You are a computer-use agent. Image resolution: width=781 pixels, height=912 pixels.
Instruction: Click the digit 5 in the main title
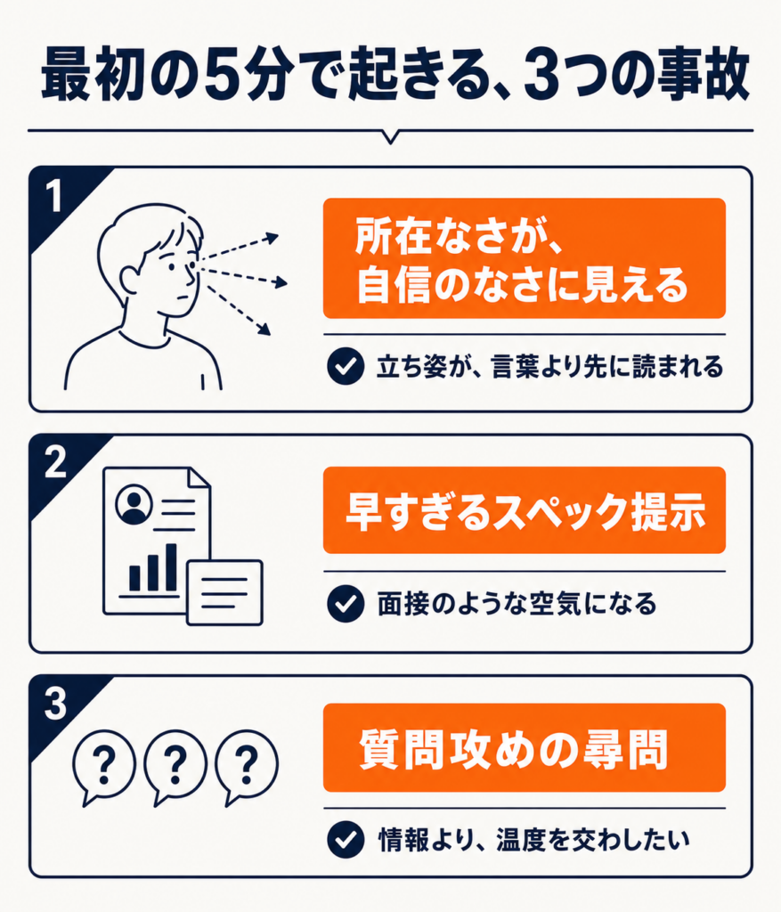pos(224,75)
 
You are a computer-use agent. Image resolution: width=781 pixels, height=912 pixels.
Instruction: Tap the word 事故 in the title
pos(702,75)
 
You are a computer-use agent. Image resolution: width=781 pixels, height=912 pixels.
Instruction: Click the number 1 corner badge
pos(55,196)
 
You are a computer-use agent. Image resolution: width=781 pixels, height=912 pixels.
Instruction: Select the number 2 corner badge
pos(56,463)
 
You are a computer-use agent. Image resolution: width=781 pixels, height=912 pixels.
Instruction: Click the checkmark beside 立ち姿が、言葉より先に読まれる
pos(346,366)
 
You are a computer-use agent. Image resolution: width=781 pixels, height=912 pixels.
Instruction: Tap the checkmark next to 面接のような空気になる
pos(346,604)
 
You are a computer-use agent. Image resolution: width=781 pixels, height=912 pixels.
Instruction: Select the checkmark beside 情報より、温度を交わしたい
pos(346,840)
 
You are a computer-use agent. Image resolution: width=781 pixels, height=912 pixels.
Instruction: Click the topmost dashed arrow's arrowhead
pos(273,237)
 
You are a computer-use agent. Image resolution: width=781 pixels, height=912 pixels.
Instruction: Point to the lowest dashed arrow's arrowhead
pos(264,330)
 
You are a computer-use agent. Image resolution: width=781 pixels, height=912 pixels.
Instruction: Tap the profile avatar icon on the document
pos(134,505)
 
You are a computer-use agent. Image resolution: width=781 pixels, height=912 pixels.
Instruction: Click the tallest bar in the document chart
pos(171,567)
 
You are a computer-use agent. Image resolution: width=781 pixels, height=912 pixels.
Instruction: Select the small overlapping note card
pos(225,592)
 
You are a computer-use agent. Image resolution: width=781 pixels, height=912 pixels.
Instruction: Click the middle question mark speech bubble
pos(175,767)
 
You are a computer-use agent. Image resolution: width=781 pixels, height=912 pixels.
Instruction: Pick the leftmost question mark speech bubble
pos(103,767)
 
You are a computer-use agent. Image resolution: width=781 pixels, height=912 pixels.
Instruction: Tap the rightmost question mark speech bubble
pos(246,767)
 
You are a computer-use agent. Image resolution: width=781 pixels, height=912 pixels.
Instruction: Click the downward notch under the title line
pos(391,137)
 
